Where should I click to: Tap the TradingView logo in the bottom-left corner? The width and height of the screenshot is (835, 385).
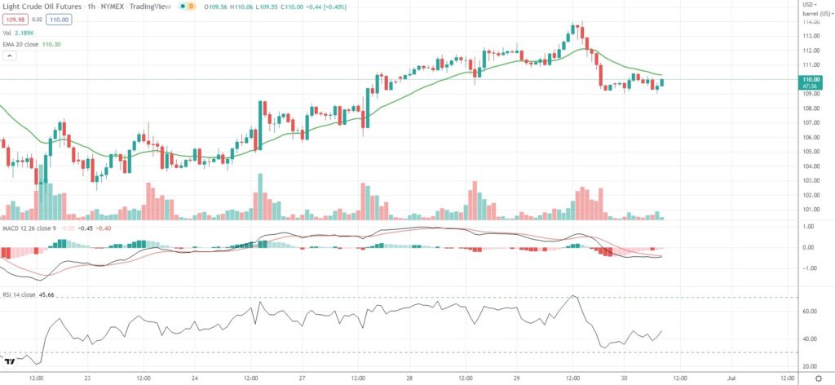(x=10, y=360)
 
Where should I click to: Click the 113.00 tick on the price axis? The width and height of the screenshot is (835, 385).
(x=811, y=36)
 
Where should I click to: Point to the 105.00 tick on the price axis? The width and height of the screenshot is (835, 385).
(x=811, y=151)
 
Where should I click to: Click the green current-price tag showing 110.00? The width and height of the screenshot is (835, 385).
(x=811, y=79)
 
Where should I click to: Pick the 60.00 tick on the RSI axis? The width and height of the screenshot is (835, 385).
(x=809, y=312)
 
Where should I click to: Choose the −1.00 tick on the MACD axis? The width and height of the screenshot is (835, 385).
(x=809, y=268)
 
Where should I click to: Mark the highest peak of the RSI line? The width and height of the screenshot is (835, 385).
(x=575, y=296)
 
